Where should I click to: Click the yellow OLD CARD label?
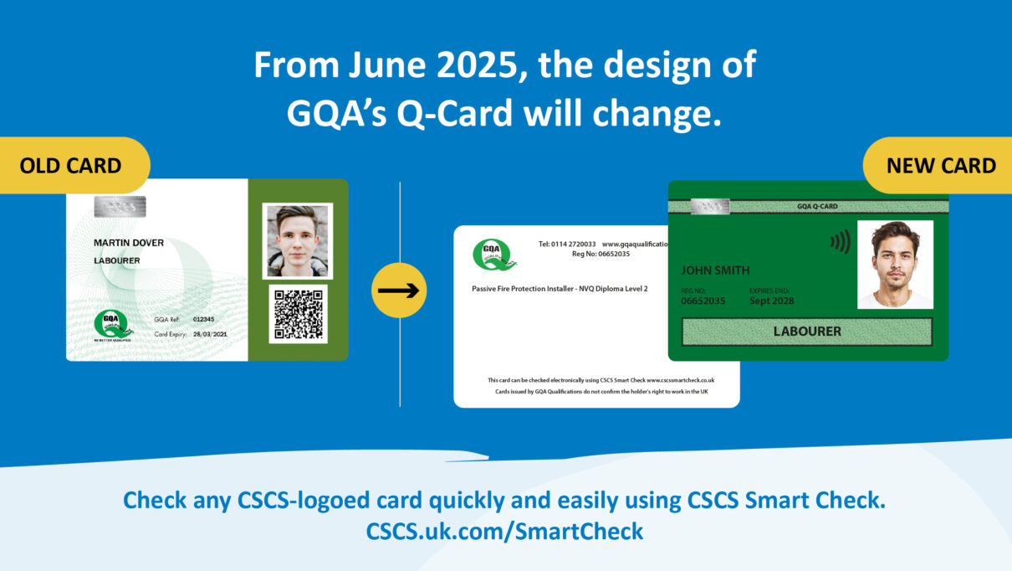point(71,166)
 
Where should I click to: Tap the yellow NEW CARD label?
point(941,166)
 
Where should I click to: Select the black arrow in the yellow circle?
point(399,291)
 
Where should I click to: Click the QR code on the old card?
point(298,314)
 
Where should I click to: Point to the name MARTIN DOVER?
point(129,243)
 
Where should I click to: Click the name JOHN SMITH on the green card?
point(715,270)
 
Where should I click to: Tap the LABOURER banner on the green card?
point(806,332)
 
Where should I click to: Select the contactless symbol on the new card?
point(840,242)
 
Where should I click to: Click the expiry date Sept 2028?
point(771,301)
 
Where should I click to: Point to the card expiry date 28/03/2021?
point(209,334)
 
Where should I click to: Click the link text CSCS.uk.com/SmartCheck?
point(505,531)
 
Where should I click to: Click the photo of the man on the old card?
point(297,241)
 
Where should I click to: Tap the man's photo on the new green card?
point(895,264)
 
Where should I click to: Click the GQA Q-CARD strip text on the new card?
point(817,206)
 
